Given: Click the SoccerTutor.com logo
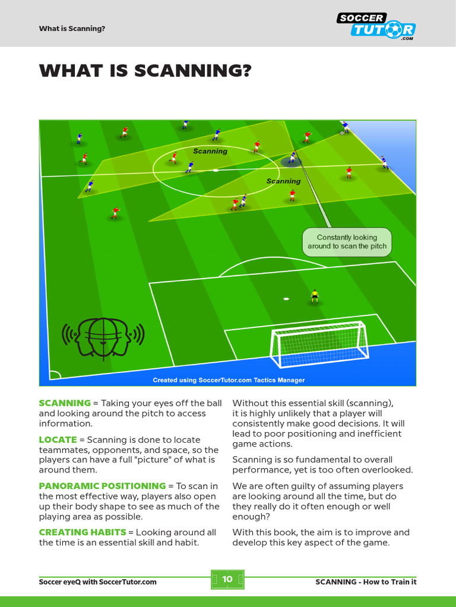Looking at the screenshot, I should (x=377, y=26).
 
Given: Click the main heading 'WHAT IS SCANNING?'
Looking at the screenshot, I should (x=145, y=71).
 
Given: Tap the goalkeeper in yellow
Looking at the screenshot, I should (x=315, y=296).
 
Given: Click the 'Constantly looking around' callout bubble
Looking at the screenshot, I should (x=347, y=242).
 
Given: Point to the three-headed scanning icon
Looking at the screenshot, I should (x=103, y=337).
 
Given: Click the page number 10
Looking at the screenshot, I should (x=227, y=579).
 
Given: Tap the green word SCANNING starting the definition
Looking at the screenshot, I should (x=65, y=403).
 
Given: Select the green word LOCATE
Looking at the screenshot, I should (x=58, y=440).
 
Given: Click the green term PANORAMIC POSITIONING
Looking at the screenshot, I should (x=102, y=486).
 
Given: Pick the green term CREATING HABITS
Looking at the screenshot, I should (x=83, y=532).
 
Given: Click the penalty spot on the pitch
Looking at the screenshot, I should (x=286, y=298).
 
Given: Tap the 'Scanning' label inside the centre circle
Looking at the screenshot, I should (x=210, y=151).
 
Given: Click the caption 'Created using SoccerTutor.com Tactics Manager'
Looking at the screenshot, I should (x=229, y=380).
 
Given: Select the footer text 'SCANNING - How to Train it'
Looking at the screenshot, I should (x=366, y=582).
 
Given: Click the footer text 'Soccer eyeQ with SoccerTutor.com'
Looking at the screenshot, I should (x=98, y=582).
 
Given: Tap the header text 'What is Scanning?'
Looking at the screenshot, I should (x=72, y=28).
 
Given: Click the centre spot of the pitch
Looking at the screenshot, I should (x=215, y=170).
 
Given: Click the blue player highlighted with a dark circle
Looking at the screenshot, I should (x=292, y=158).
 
